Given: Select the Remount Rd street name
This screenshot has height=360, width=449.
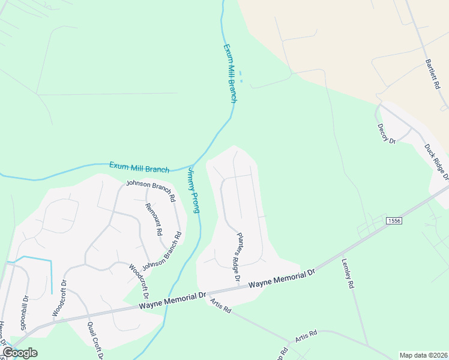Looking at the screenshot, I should coord(154,218).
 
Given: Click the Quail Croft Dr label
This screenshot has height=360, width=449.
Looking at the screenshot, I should coord(94,341).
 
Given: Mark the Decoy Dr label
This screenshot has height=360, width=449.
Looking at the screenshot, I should coord(387,134).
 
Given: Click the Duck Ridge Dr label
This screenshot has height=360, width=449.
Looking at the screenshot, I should coord(437,161).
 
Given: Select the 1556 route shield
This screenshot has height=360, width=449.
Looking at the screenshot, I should coord(394,221).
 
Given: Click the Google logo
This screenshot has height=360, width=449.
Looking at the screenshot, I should coord(20,352).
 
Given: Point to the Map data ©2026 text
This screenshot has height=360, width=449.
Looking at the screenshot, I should coord(423,355).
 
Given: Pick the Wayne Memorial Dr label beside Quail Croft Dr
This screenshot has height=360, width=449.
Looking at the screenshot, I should coord(173,301).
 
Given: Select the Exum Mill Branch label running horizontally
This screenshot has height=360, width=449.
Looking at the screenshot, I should coord(139,166).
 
